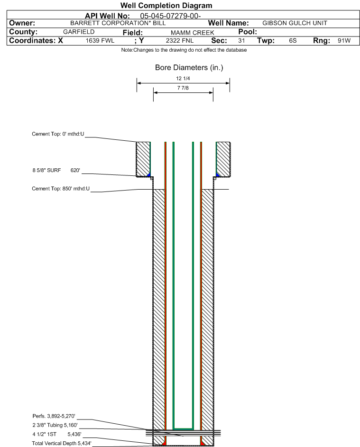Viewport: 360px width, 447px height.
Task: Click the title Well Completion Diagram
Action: pyautogui.click(x=166, y=5)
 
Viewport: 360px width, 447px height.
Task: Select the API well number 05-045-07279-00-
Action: pyautogui.click(x=170, y=16)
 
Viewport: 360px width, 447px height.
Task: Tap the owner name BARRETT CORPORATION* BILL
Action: pyautogui.click(x=118, y=23)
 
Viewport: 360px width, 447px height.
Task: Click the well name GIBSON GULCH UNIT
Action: pyautogui.click(x=295, y=23)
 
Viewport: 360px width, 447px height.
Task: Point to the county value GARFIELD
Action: pyautogui.click(x=79, y=32)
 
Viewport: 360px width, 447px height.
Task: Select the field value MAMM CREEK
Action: pyautogui.click(x=192, y=33)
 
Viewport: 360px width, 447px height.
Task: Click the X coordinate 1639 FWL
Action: pyautogui.click(x=100, y=40)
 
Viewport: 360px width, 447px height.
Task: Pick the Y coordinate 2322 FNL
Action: pyautogui.click(x=180, y=40)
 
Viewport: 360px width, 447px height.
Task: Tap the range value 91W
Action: pyautogui.click(x=344, y=40)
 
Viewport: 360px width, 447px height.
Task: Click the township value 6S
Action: pyautogui.click(x=293, y=40)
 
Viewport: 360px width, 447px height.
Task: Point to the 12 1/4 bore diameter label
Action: pyautogui.click(x=183, y=78)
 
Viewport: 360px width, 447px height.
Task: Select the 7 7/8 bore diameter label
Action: pyautogui.click(x=183, y=88)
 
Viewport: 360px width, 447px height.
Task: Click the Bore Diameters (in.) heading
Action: pyautogui.click(x=189, y=68)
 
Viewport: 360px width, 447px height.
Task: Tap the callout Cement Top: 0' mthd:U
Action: pyautogui.click(x=58, y=134)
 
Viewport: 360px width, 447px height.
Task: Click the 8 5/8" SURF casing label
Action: pyautogui.click(x=46, y=170)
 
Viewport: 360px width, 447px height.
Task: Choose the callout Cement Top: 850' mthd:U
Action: pyautogui.click(x=61, y=189)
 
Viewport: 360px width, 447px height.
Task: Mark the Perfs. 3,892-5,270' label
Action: pyautogui.click(x=54, y=416)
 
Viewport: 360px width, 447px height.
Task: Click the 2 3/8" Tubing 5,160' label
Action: pyautogui.click(x=55, y=425)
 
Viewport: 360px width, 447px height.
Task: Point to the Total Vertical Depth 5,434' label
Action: pyautogui.click(x=62, y=443)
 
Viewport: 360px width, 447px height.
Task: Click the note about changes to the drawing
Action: pyautogui.click(x=184, y=50)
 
